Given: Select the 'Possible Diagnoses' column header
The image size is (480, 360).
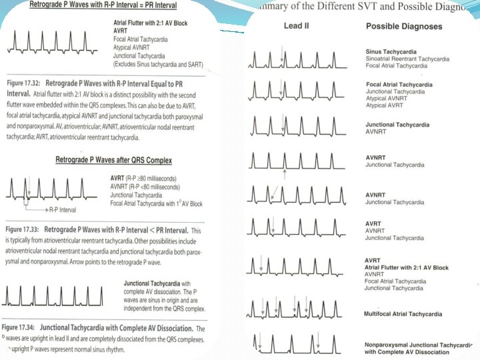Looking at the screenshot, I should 404,27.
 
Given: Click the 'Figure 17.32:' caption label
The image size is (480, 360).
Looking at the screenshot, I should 24,83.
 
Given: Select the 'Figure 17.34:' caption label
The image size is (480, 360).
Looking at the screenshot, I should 24,329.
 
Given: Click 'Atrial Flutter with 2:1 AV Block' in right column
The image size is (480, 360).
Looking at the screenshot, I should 407,267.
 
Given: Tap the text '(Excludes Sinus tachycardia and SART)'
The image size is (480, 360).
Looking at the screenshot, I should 158,64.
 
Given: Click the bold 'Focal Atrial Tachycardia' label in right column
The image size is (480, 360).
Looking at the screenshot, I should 399,85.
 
